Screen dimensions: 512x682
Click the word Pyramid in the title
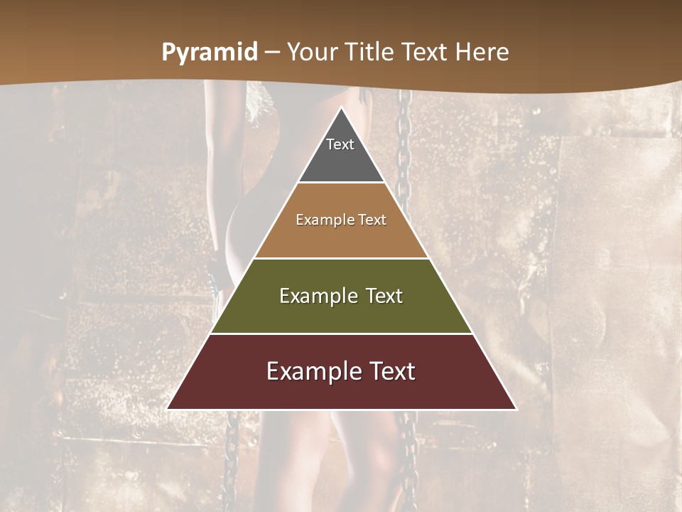[209, 53]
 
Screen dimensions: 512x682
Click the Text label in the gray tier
[340, 144]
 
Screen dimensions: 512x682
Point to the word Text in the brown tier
[372, 220]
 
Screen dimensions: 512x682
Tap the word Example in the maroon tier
[313, 371]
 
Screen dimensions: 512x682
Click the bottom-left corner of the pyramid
[168, 409]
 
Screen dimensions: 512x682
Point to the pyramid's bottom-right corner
[516, 409]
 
